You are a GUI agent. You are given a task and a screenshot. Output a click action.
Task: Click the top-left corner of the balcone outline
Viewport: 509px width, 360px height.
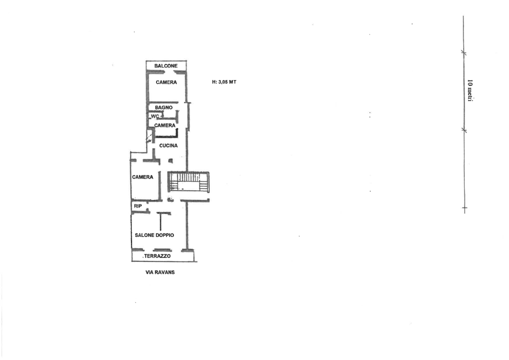[146, 61]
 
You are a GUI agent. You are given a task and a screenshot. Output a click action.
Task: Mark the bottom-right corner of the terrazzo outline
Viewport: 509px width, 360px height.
[196, 261]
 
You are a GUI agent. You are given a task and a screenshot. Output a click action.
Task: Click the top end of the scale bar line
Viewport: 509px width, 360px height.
[463, 15]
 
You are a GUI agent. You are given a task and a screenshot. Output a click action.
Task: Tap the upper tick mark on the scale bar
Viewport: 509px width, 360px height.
[463, 52]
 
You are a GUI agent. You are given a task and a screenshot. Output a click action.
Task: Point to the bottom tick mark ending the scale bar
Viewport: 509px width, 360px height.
[464, 208]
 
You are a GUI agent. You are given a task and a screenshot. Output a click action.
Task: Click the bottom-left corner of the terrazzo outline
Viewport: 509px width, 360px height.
[132, 261]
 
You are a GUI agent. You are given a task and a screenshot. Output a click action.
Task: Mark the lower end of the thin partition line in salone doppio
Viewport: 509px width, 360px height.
[160, 230]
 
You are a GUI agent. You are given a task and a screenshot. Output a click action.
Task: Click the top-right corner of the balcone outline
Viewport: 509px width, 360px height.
[186, 61]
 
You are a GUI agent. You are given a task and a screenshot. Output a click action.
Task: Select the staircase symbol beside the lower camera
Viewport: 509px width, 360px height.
[188, 182]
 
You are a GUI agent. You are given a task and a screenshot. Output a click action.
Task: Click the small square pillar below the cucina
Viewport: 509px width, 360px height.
[170, 160]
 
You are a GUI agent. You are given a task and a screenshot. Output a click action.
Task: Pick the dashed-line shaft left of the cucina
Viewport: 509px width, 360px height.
[150, 136]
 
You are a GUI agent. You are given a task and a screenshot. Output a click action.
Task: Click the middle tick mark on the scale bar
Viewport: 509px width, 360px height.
[464, 130]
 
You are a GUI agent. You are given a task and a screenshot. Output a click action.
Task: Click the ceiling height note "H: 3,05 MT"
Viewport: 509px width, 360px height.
[224, 82]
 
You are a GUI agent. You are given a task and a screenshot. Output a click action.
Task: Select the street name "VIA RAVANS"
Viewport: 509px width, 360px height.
[160, 272]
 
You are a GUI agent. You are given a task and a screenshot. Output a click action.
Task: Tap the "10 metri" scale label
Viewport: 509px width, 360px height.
[469, 90]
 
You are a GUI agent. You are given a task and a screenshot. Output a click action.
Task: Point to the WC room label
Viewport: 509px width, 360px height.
[155, 116]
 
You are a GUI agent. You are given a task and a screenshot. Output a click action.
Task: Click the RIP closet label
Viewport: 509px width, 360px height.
[138, 206]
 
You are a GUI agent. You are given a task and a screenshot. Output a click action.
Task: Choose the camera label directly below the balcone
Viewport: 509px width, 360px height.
[166, 82]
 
